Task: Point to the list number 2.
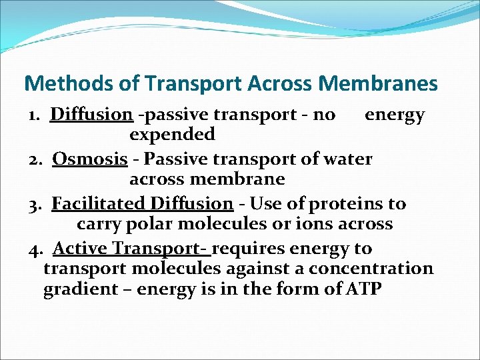(x=35, y=160)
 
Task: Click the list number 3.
(x=35, y=204)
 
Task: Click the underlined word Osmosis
(x=90, y=159)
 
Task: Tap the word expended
(x=172, y=135)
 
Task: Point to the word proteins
(x=351, y=204)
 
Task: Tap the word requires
(x=247, y=249)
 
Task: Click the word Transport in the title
(x=183, y=83)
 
